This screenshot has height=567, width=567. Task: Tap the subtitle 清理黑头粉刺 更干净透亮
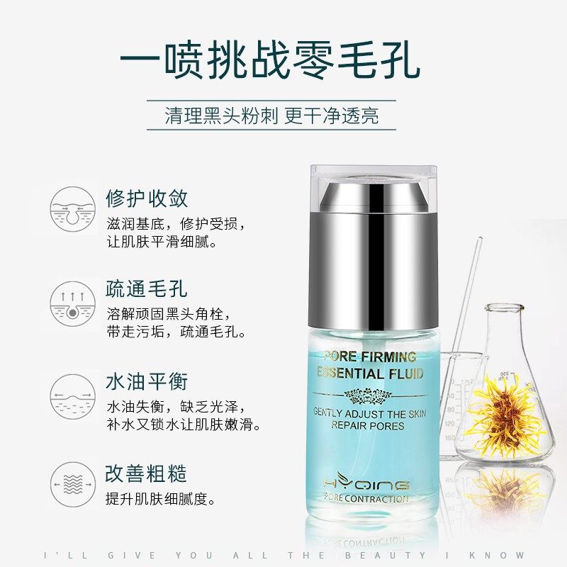[271, 116]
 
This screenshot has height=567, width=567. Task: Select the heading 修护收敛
[147, 198]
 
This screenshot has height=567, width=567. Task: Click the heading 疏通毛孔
[147, 289]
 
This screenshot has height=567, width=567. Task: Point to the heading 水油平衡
[147, 381]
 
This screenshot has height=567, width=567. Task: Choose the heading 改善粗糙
[147, 473]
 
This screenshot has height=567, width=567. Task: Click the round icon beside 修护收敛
[73, 209]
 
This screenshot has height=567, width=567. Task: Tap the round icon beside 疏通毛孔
[73, 301]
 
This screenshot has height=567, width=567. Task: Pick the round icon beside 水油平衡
[73, 393]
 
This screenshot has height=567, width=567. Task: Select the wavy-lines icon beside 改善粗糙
[73, 485]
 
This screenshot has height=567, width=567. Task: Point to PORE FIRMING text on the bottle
[369, 357]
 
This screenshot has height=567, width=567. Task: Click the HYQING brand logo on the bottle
[366, 485]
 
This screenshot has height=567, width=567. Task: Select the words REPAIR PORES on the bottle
[367, 426]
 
